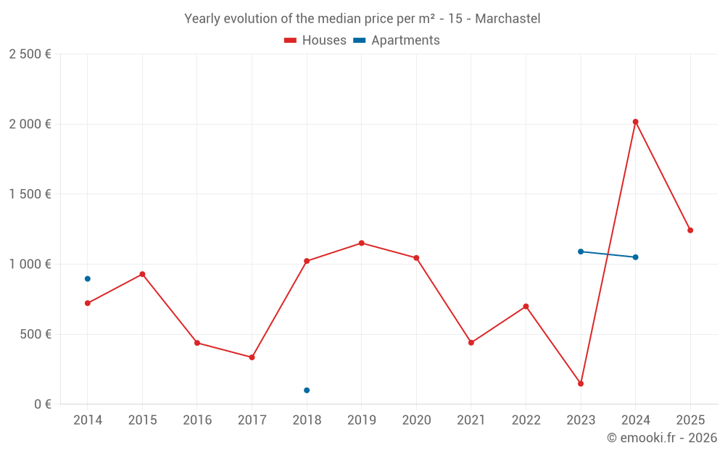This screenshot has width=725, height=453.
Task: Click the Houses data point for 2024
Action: (x=635, y=122)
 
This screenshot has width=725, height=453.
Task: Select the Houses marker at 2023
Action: (x=581, y=383)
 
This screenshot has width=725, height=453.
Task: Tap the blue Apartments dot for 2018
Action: (x=307, y=390)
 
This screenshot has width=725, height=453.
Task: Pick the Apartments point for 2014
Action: (x=88, y=278)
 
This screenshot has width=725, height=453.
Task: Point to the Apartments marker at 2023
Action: (x=581, y=252)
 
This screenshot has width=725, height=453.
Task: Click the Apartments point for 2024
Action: (x=635, y=257)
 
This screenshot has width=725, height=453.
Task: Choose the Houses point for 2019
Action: (x=362, y=243)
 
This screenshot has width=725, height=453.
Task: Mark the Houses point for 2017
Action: (x=252, y=357)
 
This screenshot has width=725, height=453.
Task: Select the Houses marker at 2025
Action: (x=690, y=230)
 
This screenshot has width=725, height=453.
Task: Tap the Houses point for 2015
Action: (x=142, y=274)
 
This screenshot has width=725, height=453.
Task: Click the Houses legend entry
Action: (x=315, y=41)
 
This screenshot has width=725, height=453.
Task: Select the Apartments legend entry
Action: (x=397, y=41)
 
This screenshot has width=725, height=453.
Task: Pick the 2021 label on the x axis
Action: (x=471, y=420)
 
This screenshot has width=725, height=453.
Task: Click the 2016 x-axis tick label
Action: (x=197, y=420)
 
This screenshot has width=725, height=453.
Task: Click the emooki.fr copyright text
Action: (x=661, y=438)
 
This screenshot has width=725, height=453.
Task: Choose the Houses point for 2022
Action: (x=526, y=306)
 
